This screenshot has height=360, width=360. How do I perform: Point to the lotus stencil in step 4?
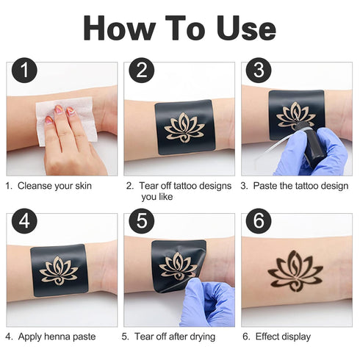pyautogui.click(x=59, y=270)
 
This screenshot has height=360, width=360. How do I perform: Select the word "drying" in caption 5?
pyautogui.click(x=201, y=337)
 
